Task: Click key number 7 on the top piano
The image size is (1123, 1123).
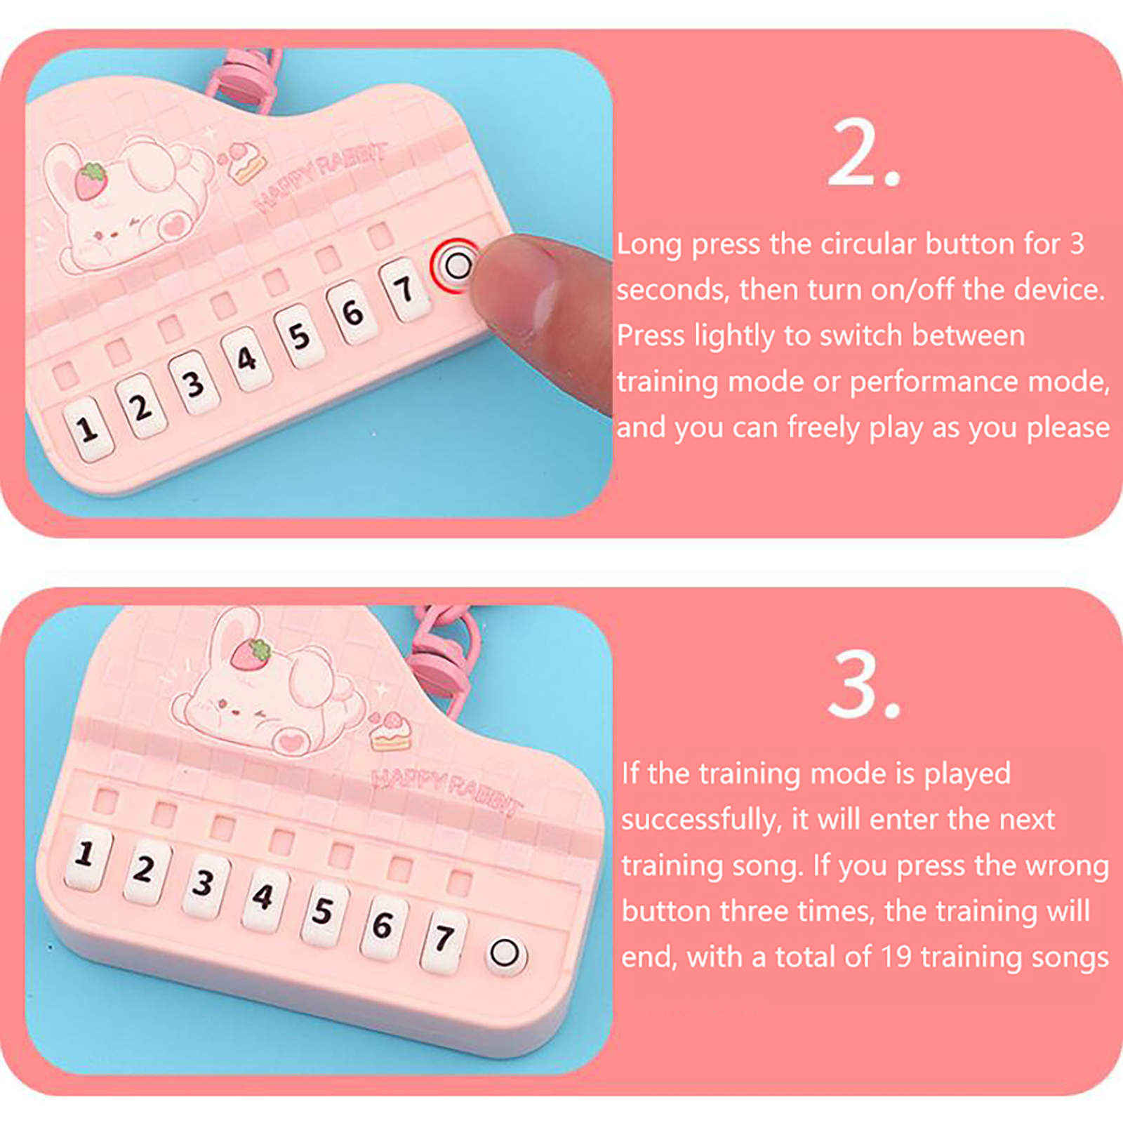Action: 404,289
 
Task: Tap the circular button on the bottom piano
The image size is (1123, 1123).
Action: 505,954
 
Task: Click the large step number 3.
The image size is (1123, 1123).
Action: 864,684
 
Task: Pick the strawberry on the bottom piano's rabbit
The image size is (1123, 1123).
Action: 253,653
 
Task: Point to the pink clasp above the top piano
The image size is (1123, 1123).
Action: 242,77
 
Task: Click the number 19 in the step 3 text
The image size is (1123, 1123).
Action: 896,957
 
